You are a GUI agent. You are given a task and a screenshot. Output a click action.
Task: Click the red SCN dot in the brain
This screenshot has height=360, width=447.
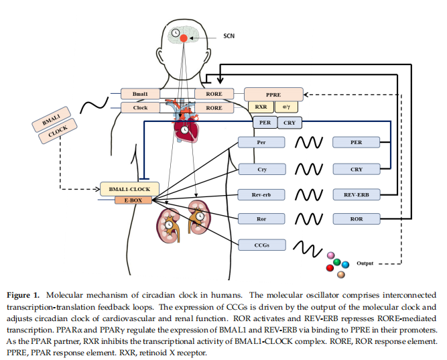tap(184, 38)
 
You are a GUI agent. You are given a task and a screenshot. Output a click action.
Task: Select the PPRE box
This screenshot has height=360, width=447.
tap(273, 94)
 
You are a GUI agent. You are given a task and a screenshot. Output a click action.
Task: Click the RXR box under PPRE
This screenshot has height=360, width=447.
tap(261, 107)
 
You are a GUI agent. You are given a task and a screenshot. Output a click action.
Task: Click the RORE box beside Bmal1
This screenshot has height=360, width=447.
tap(214, 94)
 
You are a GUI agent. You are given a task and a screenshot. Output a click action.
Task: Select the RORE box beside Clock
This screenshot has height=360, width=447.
tap(214, 107)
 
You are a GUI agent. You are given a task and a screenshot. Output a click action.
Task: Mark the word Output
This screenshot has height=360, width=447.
tap(365, 263)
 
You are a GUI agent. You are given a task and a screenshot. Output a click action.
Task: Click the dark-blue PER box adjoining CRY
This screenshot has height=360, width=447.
tap(265, 122)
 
